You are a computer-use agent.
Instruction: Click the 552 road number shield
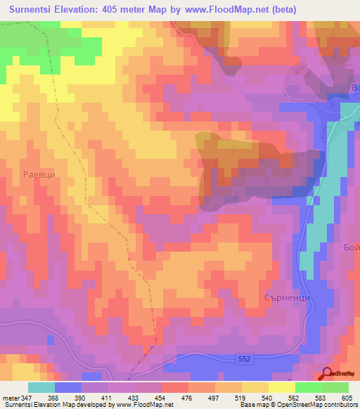point(243,358)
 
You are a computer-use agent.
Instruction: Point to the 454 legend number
point(162,398)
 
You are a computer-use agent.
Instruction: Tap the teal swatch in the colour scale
point(41,388)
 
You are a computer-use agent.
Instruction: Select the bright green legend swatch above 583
point(309,388)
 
